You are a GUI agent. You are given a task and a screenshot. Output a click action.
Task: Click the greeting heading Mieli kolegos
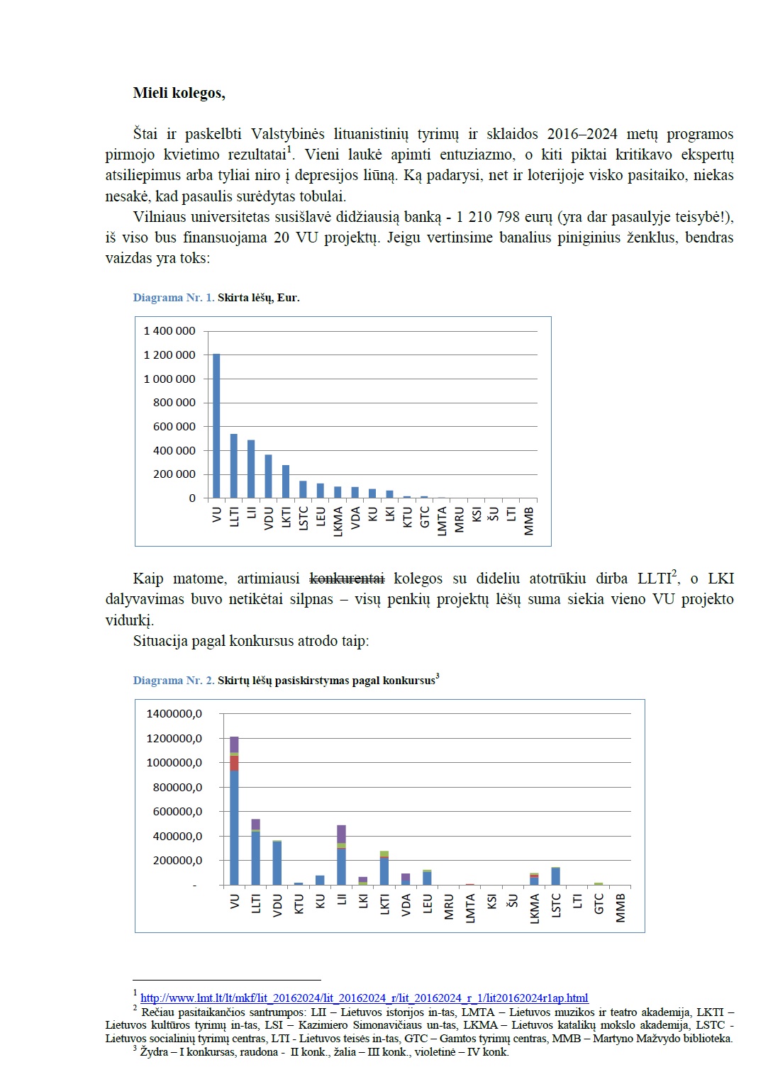(179, 93)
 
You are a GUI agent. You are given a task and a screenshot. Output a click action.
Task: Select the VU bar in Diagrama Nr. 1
(216, 425)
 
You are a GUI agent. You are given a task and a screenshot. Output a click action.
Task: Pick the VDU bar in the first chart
(268, 476)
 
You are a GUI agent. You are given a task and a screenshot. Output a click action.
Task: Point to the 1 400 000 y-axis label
(169, 331)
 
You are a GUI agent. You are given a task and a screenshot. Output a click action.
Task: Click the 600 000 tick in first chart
(174, 427)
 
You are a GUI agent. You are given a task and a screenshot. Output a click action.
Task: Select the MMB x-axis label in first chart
(529, 520)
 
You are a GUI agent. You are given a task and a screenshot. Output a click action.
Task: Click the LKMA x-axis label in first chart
(338, 521)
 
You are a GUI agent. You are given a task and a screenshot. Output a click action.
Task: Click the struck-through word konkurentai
(347, 579)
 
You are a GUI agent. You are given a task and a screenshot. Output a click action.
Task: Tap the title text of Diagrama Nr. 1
(258, 298)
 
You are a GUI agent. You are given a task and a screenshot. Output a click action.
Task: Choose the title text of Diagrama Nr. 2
(326, 681)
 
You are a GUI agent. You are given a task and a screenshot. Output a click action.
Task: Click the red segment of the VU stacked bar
(234, 763)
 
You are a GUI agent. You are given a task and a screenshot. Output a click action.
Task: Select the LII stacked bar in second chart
(341, 855)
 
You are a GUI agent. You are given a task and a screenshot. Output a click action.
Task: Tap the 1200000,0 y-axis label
(174, 739)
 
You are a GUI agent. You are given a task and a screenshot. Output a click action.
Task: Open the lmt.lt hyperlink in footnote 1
(364, 998)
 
